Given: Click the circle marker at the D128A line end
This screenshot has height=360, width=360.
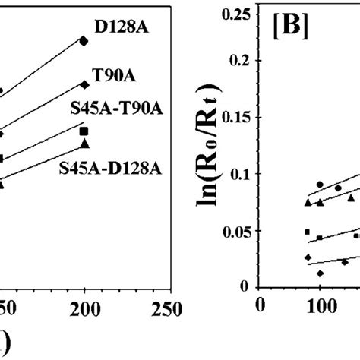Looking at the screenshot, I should (84, 41).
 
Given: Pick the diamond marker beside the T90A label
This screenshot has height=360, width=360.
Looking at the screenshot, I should (84, 84).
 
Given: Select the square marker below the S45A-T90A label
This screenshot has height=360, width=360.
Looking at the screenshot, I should (84, 131).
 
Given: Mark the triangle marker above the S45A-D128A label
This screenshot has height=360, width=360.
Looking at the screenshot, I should (84, 143).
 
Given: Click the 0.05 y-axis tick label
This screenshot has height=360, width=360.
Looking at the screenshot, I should (237, 232).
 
